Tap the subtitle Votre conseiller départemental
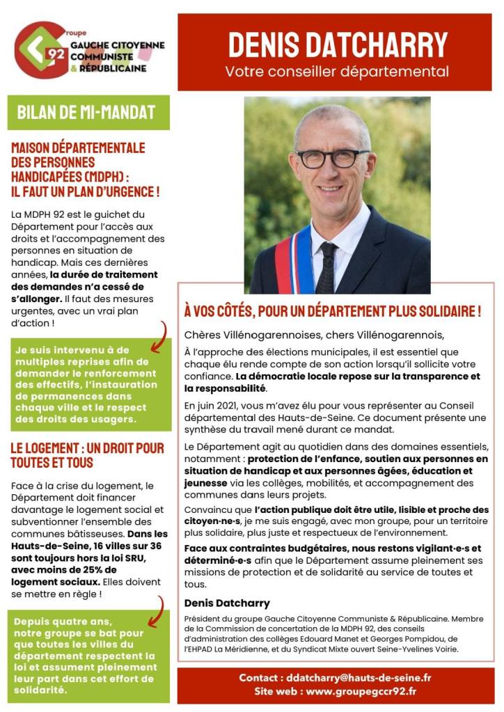click(x=337, y=72)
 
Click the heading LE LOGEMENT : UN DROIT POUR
click(x=87, y=447)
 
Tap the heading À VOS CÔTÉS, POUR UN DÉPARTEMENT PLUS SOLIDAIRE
click(x=332, y=312)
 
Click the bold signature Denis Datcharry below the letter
click(x=227, y=603)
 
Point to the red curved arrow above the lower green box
click(x=159, y=606)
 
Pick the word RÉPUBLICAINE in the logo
click(x=112, y=69)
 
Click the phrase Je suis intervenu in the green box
click(x=56, y=349)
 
